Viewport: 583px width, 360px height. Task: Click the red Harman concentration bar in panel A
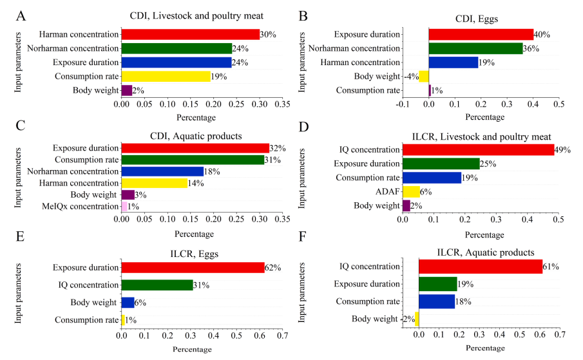tap(190, 34)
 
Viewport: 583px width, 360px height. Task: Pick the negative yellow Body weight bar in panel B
tap(424, 77)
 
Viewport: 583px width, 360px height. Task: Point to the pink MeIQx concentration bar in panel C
tap(124, 207)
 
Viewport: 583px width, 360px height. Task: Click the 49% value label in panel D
tap(563, 150)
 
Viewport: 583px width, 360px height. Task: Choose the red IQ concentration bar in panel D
tap(478, 150)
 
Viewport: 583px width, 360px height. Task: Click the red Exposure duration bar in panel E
tap(193, 267)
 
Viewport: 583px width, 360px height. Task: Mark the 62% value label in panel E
tap(273, 267)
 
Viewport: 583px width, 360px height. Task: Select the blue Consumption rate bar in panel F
tap(437, 301)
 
